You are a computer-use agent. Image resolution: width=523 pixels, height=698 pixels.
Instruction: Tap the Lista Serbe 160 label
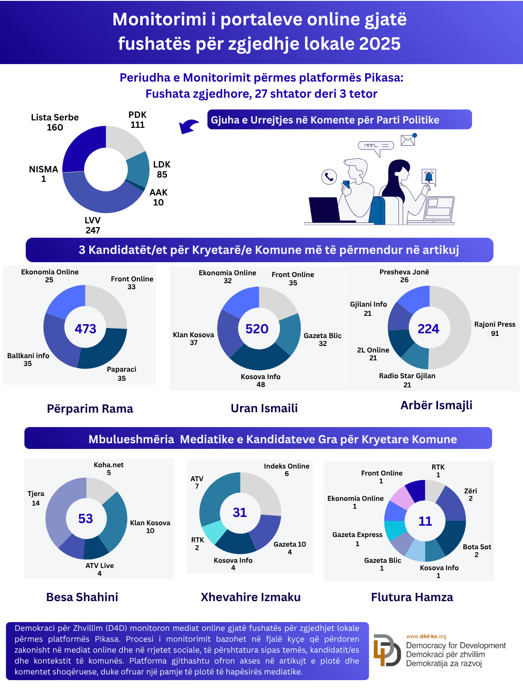[55, 123]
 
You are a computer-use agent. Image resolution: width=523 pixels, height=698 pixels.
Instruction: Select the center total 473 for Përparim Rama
[85, 328]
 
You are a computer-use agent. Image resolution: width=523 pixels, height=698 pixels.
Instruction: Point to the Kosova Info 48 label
[261, 380]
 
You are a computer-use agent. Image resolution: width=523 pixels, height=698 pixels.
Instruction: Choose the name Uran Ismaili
[264, 408]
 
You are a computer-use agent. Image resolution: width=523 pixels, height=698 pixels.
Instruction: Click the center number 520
[257, 328]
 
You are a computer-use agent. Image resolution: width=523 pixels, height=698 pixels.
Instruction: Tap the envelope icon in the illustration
[408, 140]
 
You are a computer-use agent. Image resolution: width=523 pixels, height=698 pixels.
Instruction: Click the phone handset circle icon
[329, 177]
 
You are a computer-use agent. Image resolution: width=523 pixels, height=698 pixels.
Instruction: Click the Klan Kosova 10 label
[150, 527]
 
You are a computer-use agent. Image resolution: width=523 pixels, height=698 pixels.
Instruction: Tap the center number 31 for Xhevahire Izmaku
[240, 513]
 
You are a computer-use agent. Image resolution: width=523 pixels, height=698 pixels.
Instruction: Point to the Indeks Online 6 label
[286, 470]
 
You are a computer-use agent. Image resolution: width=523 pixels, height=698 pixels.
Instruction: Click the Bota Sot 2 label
[477, 551]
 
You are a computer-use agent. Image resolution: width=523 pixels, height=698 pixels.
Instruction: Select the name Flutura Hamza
[412, 597]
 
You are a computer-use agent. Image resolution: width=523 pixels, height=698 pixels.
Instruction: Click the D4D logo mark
[387, 650]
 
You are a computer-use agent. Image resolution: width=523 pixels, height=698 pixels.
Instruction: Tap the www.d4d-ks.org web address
[426, 636]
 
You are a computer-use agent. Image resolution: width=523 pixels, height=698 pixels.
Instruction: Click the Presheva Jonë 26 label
[404, 276]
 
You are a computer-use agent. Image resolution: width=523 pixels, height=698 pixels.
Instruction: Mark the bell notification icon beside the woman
[429, 177]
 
